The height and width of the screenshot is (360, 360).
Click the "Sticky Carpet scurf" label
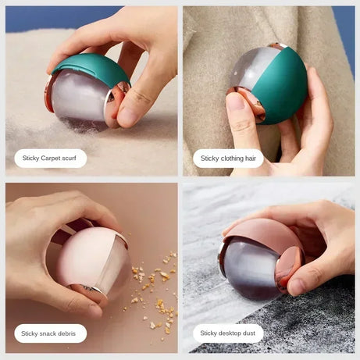pos(50,159)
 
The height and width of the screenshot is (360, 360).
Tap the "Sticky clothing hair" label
pos(228,159)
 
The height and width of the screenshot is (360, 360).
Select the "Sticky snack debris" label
pos(50,333)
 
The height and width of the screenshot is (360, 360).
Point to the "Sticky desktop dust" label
pos(228,333)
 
